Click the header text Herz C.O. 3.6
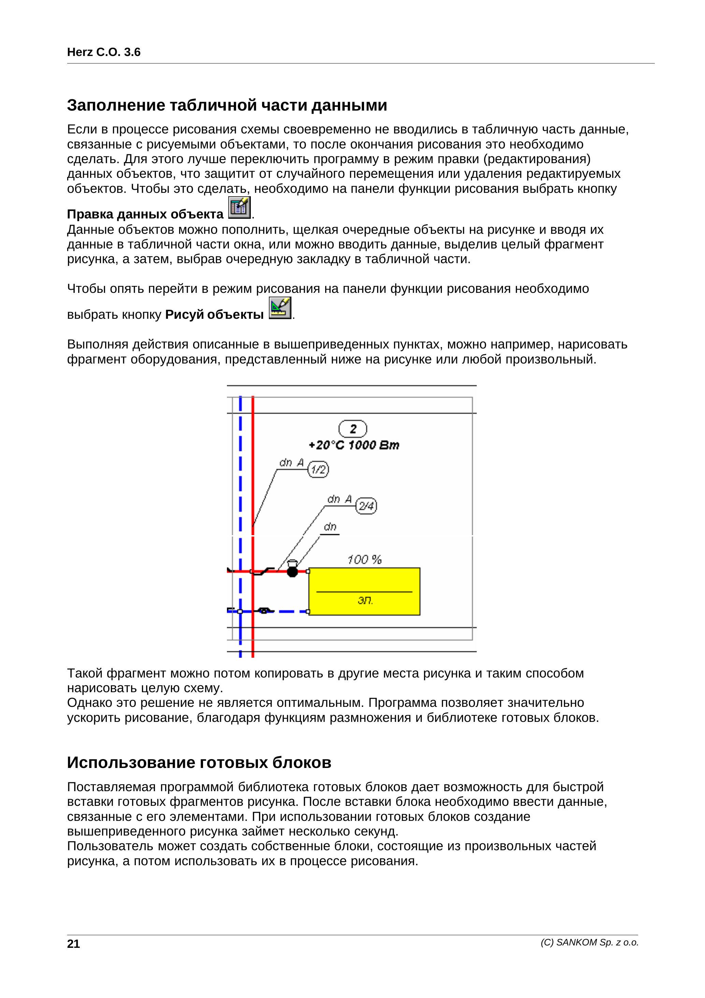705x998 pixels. (103, 53)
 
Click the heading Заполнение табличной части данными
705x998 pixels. (227, 105)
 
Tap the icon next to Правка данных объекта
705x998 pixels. (240, 208)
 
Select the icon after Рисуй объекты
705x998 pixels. (280, 308)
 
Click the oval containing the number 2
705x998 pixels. (352, 429)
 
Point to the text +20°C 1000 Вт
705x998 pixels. (354, 445)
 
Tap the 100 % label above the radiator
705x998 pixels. (364, 559)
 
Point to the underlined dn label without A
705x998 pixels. (330, 527)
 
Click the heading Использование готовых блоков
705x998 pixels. (199, 762)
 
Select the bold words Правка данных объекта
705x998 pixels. (145, 214)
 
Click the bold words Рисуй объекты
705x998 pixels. (214, 314)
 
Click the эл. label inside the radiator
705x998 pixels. (365, 601)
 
